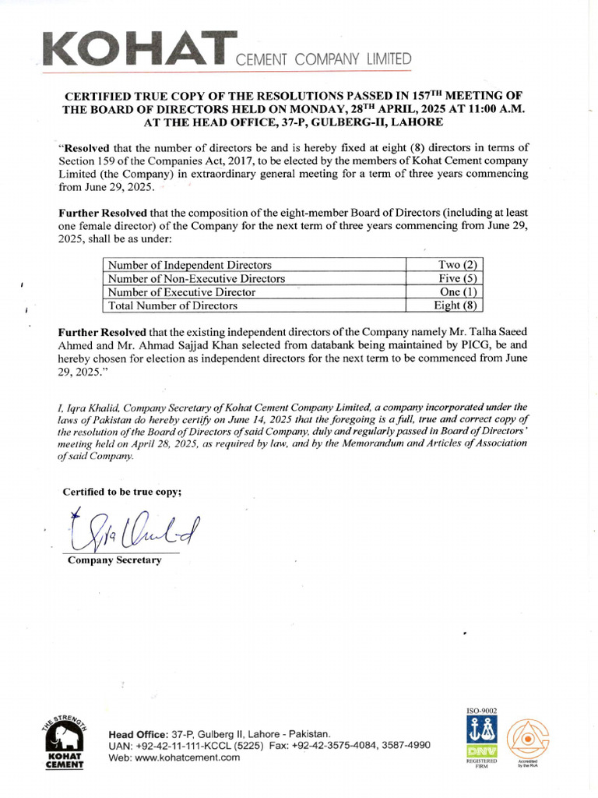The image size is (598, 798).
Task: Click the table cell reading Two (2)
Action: pos(463,265)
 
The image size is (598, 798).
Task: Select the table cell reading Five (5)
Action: pos(463,278)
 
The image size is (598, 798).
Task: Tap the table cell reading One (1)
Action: pos(463,292)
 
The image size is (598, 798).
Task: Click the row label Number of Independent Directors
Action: pos(190,265)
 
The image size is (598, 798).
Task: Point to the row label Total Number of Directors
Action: pos(173,305)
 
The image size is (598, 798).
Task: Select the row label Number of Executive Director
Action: pos(182,292)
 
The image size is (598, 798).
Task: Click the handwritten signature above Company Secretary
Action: pos(132,531)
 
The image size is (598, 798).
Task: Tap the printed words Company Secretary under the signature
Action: pos(114,560)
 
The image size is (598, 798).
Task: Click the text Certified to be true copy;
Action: pos(122,491)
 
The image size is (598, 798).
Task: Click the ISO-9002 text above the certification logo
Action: pos(480,711)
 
